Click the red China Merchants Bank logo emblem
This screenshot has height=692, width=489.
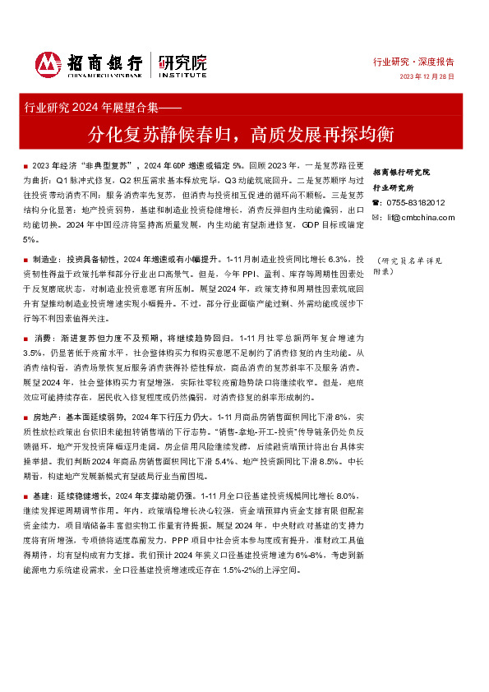click(48, 64)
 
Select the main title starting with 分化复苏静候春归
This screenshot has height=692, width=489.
click(246, 131)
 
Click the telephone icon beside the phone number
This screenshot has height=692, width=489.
click(376, 202)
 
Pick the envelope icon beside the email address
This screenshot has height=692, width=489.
click(376, 217)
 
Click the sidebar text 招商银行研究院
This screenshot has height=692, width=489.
click(401, 173)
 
